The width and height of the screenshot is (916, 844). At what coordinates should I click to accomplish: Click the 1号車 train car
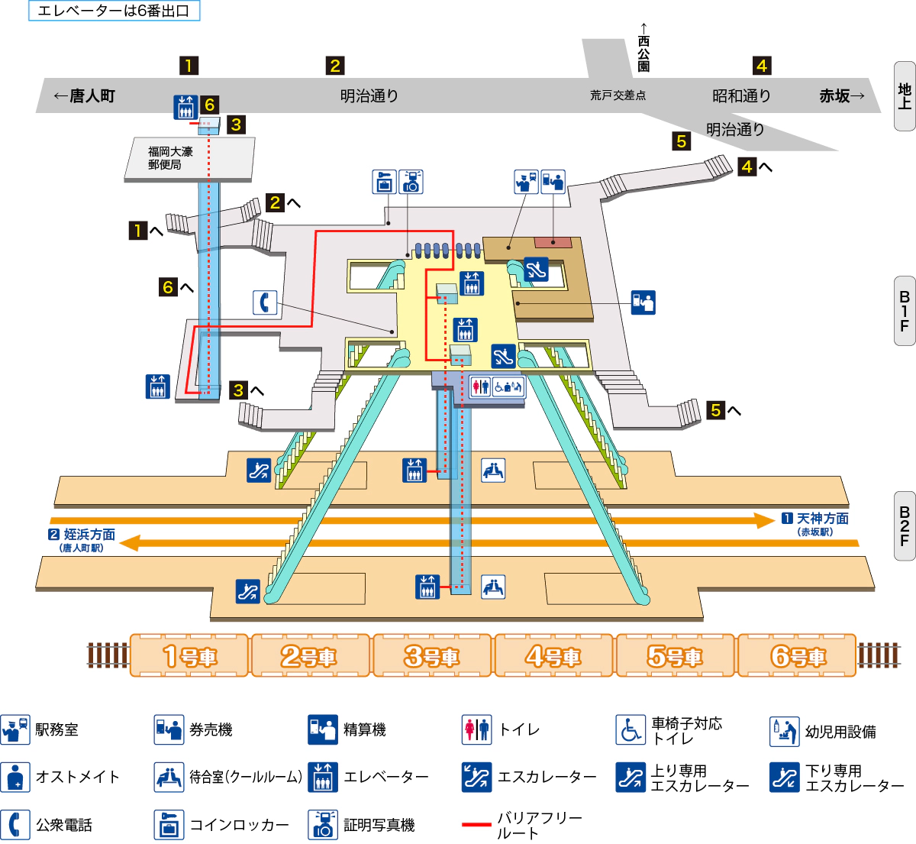click(x=189, y=655)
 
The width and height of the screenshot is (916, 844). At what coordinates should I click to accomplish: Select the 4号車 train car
click(x=553, y=655)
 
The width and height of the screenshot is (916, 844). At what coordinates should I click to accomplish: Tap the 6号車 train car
click(x=798, y=655)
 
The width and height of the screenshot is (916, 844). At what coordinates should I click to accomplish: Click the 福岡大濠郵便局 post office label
click(x=171, y=158)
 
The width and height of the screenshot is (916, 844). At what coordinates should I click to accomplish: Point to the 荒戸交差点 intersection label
click(x=618, y=95)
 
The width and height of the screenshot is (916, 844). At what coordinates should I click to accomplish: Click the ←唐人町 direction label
click(x=84, y=95)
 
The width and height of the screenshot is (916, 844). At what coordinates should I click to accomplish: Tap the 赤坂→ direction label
click(x=842, y=95)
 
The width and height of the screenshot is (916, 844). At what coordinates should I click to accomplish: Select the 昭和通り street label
click(x=741, y=95)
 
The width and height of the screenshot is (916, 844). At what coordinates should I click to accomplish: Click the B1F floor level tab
click(x=905, y=311)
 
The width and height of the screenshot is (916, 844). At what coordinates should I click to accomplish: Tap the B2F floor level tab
click(x=905, y=526)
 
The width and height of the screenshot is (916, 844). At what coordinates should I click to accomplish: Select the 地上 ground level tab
click(x=905, y=96)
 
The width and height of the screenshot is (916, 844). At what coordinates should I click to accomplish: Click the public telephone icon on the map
click(x=265, y=302)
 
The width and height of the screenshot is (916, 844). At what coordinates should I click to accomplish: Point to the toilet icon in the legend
click(x=477, y=729)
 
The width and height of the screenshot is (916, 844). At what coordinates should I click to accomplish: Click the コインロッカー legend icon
click(x=169, y=825)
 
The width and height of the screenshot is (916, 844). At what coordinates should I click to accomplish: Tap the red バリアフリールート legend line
click(x=476, y=825)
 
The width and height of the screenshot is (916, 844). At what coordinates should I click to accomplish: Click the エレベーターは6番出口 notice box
click(x=114, y=11)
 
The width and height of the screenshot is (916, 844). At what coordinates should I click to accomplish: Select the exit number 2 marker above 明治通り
click(x=334, y=66)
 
